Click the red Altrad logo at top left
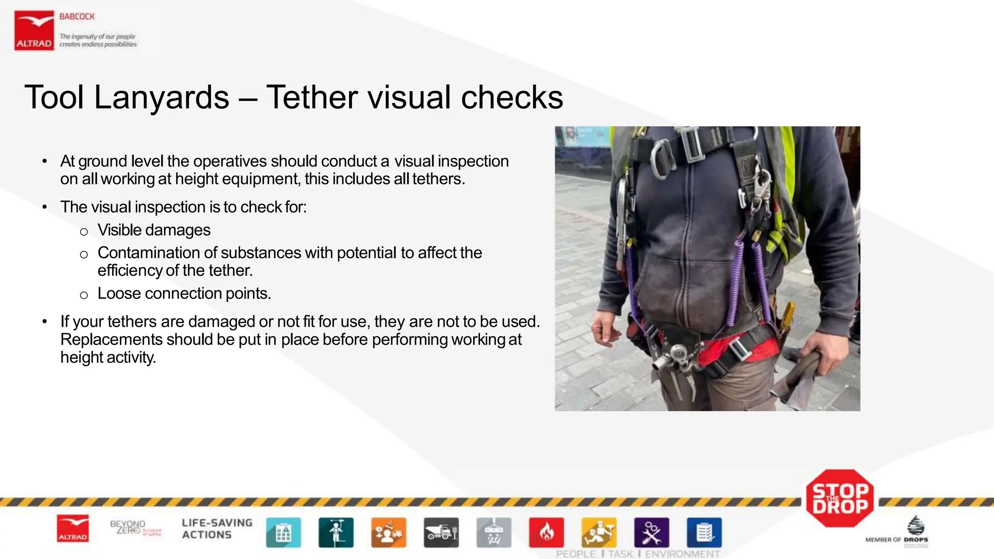click(34, 31)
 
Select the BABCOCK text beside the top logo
click(77, 16)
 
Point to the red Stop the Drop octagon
click(840, 498)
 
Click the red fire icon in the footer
click(546, 533)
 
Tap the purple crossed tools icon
click(651, 533)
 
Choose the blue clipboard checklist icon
click(704, 533)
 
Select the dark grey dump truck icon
click(441, 533)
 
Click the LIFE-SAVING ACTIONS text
click(217, 529)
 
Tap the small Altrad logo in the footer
click(73, 528)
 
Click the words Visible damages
click(154, 230)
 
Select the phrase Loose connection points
click(184, 294)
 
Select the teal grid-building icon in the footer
click(283, 533)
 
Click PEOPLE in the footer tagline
click(576, 554)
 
